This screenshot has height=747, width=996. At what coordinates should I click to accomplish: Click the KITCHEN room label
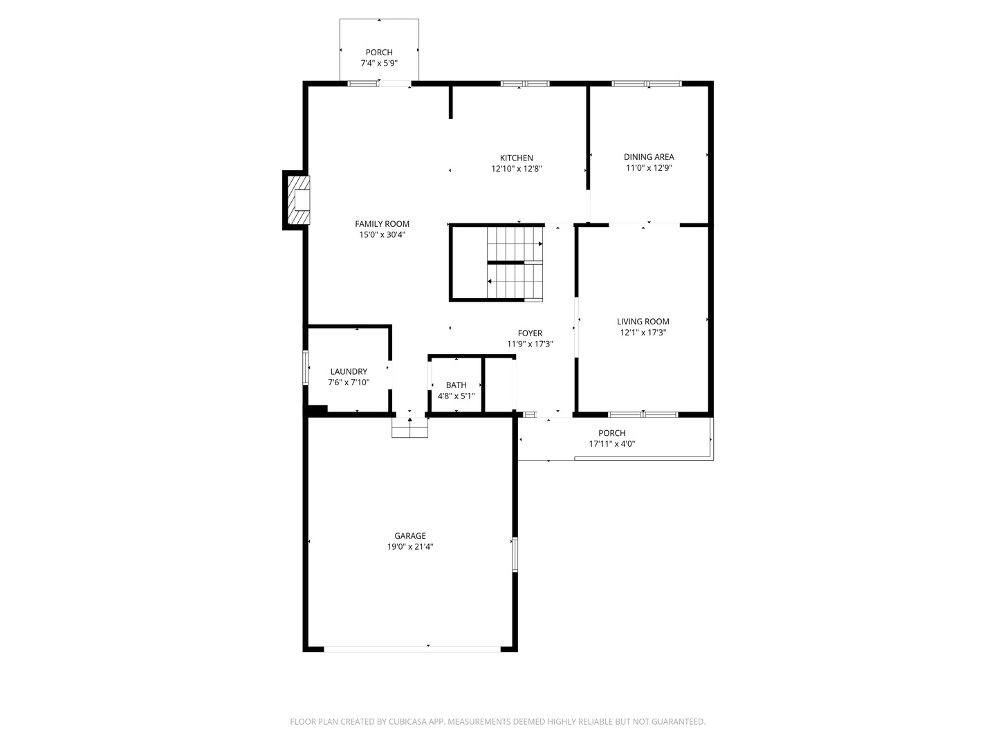[x=516, y=158]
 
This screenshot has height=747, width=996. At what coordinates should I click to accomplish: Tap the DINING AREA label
[x=648, y=157]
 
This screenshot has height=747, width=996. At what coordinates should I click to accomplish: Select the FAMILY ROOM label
[x=382, y=223]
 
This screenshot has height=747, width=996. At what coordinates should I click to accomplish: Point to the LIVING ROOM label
[x=643, y=322]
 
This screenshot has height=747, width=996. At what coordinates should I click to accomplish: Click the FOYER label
[x=530, y=333]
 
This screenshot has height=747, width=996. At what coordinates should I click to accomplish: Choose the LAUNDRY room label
[x=349, y=371]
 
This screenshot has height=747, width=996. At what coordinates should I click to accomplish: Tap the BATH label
[x=456, y=385]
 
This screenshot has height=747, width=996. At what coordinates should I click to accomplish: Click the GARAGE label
[x=409, y=535]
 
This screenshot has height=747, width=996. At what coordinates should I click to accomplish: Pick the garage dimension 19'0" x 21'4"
[x=409, y=546]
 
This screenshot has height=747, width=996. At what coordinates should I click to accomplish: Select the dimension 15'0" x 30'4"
[x=382, y=234]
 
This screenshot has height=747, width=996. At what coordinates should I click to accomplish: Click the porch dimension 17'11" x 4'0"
[x=611, y=443]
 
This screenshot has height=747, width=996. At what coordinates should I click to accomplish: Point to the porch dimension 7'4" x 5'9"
[x=379, y=63]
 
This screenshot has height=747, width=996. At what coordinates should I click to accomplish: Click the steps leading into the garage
[x=409, y=427]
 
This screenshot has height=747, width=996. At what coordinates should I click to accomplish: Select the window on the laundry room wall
[x=306, y=368]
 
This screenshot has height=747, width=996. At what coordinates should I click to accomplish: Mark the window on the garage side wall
[x=515, y=554]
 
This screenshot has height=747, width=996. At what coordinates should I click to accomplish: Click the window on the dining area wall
[x=646, y=84]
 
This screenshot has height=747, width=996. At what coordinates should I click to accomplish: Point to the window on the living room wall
[x=643, y=414]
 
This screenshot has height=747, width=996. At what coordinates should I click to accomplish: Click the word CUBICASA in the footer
[x=407, y=721]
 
